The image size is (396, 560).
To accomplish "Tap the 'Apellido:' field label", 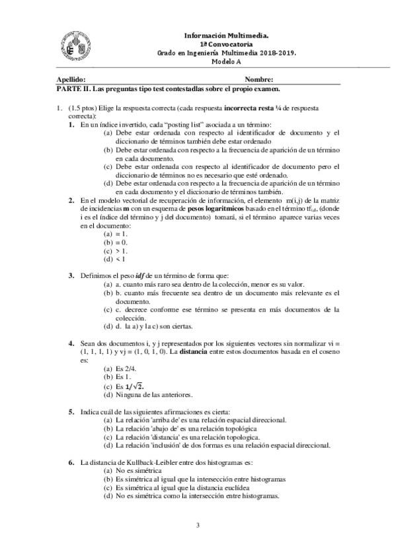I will (71, 79).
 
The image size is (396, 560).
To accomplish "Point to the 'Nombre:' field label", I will (259, 79).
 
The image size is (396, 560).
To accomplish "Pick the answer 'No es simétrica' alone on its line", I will (141, 472).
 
